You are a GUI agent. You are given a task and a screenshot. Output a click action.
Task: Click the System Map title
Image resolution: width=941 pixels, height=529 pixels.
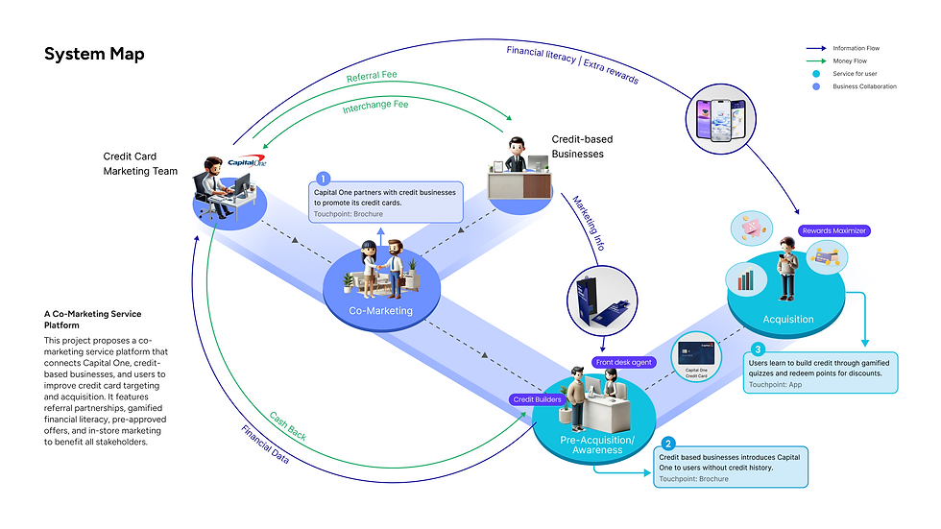coord(94,54)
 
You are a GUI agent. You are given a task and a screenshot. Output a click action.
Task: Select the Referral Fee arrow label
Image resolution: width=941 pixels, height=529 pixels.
coord(371,75)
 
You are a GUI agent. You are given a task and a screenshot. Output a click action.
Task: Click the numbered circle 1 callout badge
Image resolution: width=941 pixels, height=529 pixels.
coord(323,179)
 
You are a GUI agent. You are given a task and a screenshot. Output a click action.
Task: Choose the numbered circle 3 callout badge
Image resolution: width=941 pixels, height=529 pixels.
coord(758,349)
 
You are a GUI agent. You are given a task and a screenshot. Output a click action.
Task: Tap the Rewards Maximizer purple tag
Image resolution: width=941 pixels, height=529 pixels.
coord(835,230)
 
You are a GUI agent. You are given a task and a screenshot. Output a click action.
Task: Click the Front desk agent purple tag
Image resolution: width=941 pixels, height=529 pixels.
coord(626,362)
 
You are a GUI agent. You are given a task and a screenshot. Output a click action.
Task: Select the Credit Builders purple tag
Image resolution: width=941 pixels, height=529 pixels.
coord(537,398)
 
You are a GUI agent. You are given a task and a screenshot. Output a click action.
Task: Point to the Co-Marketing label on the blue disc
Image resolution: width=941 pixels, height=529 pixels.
coord(380,310)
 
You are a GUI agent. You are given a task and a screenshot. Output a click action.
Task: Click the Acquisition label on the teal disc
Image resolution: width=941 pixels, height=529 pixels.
coord(787,319)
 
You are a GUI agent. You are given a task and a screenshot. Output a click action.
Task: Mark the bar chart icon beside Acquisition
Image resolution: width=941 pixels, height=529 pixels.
coord(744,280)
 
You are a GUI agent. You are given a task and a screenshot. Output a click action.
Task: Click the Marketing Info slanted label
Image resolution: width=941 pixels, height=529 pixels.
coord(589,224)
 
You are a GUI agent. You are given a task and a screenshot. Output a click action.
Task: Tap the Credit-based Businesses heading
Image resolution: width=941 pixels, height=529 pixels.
coord(582,147)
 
